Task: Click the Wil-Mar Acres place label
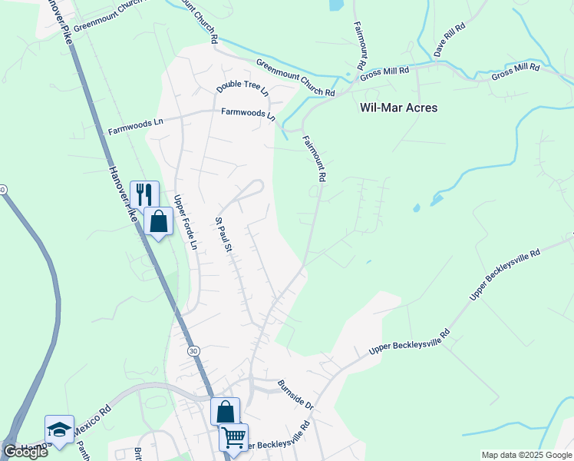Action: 398,108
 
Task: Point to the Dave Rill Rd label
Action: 450,39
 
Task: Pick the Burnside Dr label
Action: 296,393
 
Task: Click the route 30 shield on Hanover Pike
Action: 193,350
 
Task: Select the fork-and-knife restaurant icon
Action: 144,194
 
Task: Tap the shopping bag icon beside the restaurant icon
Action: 158,221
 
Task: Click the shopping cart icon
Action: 233,437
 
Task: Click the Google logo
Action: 25,452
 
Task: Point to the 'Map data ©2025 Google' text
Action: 526,455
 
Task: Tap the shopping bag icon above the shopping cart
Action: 226,412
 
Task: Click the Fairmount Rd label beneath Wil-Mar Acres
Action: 315,159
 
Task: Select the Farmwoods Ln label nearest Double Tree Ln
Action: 248,113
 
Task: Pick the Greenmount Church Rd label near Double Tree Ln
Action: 295,79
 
